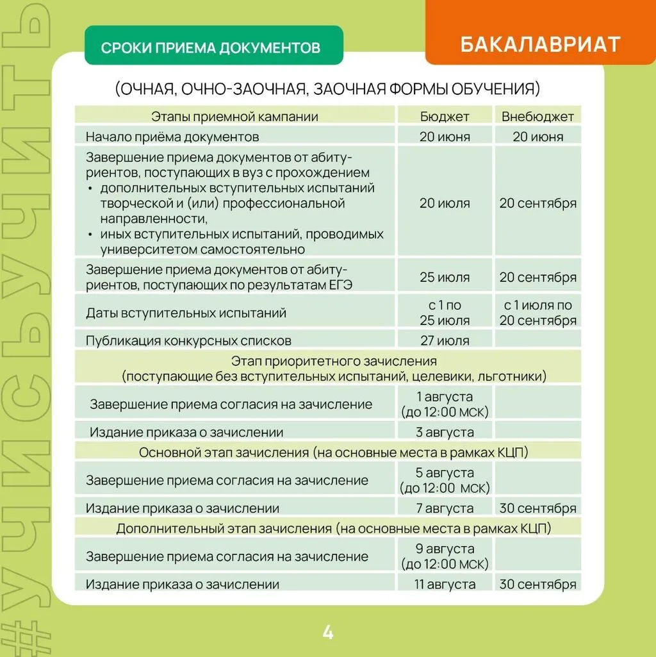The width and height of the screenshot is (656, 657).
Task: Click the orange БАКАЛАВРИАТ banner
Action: [x=539, y=44]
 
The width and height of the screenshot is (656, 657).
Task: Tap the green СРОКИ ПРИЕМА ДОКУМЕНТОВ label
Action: [x=213, y=47]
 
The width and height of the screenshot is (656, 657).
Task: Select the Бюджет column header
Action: [x=445, y=117]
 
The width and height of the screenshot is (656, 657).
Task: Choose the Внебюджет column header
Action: [x=537, y=117]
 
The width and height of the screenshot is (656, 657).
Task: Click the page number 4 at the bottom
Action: [x=327, y=633]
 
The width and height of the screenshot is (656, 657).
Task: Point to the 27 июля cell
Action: [x=445, y=340]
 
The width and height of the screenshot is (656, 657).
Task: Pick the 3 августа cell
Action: [x=445, y=432]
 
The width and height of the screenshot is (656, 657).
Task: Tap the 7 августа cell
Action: [x=445, y=508]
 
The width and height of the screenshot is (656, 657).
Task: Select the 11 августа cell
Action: [x=445, y=584]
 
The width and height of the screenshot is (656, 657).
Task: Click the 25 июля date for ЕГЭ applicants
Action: [x=445, y=278]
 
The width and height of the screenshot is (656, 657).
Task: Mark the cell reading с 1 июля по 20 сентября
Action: [x=537, y=313]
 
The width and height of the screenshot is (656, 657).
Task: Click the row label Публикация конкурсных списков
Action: [x=188, y=340]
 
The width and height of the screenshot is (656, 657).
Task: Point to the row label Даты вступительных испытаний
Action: [x=186, y=313]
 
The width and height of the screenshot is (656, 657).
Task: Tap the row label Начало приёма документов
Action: [x=172, y=137]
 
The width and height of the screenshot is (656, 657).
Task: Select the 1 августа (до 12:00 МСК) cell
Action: [x=445, y=404]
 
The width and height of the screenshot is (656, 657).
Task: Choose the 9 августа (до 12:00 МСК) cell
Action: [x=445, y=556]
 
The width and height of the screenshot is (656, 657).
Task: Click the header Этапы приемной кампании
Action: [x=234, y=117]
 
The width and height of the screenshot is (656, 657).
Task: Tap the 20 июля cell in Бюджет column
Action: [x=445, y=203]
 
